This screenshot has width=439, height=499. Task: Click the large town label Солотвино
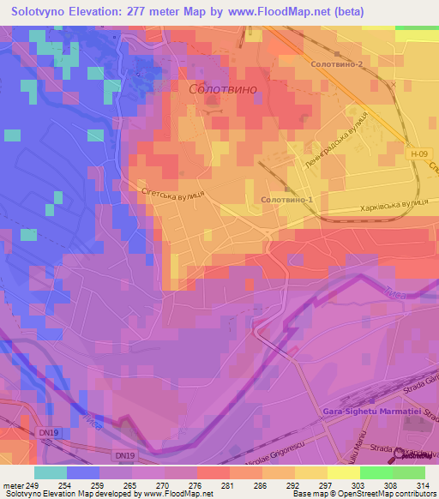(223, 88)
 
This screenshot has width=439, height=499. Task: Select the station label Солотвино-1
(287, 200)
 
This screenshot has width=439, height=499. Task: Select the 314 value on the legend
(408, 485)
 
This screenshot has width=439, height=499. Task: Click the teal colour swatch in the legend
(51, 472)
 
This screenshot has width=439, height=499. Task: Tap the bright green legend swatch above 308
(376, 472)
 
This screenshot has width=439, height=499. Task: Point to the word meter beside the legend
(13, 485)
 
